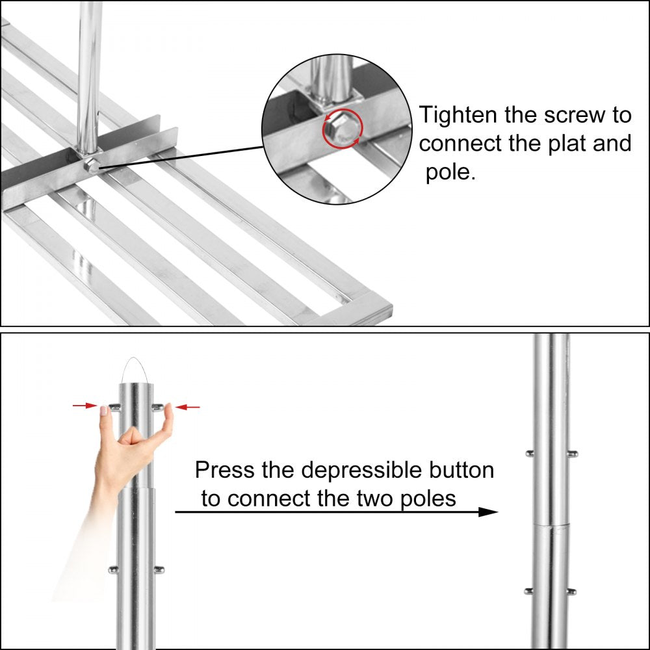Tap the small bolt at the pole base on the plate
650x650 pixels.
point(92,165)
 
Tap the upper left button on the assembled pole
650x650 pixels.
point(530,452)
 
